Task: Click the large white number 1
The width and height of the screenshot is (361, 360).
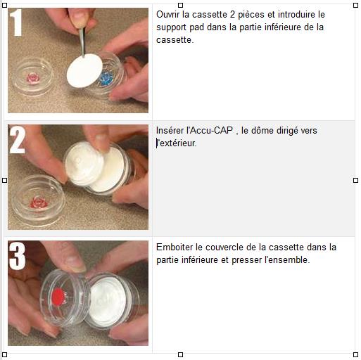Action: point(16,22)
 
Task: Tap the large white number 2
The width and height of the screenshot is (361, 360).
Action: point(18,140)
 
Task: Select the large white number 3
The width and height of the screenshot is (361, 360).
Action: point(17,256)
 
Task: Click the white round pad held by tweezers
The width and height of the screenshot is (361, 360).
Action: point(84,70)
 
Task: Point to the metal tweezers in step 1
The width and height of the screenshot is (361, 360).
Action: point(82,41)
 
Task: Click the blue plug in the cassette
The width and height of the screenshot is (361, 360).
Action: point(106,79)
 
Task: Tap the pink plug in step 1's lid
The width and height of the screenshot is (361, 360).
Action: point(33,78)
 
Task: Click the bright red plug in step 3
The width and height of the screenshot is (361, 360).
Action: point(58,297)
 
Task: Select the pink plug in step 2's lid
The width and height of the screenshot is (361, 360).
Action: point(39,202)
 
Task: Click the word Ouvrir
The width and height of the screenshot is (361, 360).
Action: point(167,15)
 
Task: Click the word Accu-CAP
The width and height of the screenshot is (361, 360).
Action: point(211,130)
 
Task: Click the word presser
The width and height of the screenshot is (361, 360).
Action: point(246,261)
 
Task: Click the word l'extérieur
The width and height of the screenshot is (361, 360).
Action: point(176,143)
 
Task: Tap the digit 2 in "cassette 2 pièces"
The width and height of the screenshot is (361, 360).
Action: point(232,15)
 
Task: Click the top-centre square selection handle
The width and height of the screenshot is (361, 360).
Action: point(180,5)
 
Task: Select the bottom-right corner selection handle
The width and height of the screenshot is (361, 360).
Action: point(355,354)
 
